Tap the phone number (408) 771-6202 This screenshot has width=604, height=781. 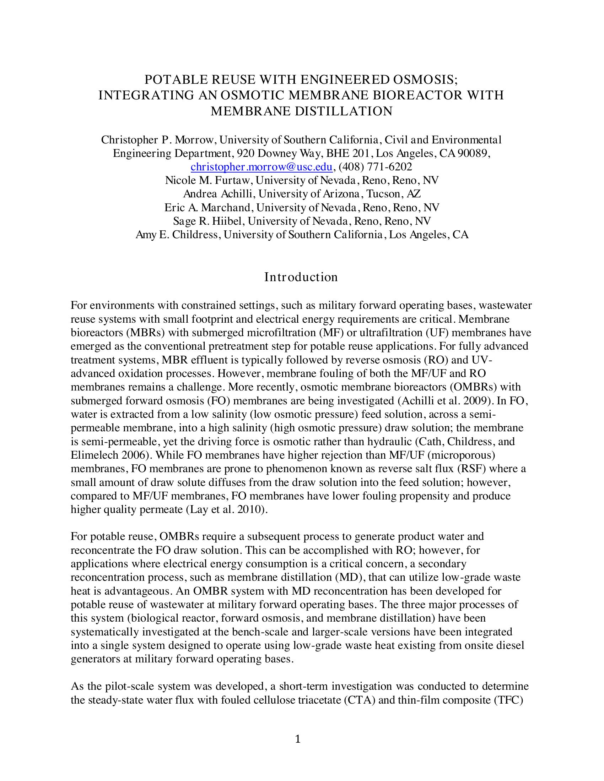click(x=375, y=166)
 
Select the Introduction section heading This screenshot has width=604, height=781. click(x=301, y=277)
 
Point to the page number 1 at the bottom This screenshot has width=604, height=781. click(x=298, y=739)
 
